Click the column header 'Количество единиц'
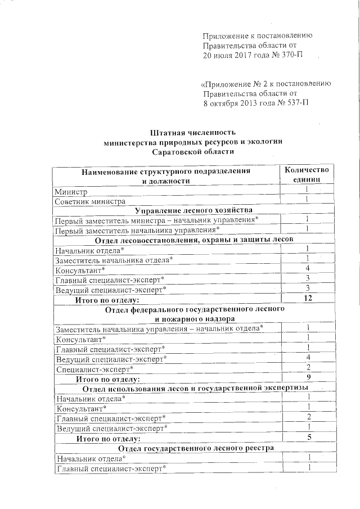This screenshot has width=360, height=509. (x=306, y=175)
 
